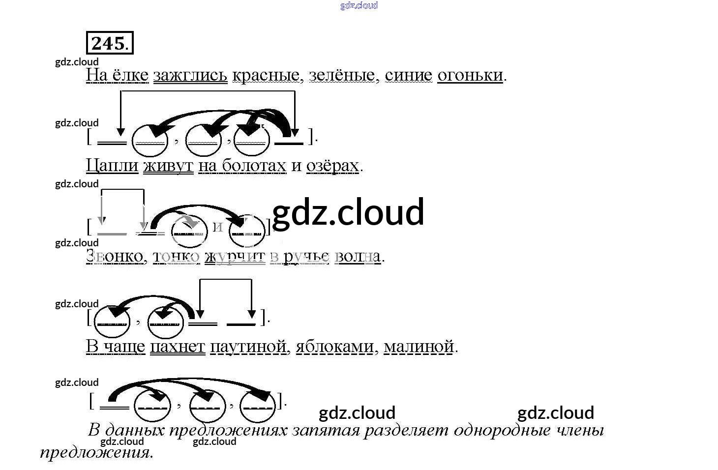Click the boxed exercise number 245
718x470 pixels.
pyautogui.click(x=110, y=43)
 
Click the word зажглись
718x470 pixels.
pyautogui.click(x=190, y=75)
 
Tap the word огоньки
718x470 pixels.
pyautogui.click(x=470, y=75)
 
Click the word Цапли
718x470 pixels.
pyautogui.click(x=112, y=166)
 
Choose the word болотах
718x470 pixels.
pyautogui.click(x=254, y=166)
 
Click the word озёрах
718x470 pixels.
pyautogui.click(x=332, y=166)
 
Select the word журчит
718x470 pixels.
pyautogui.click(x=235, y=256)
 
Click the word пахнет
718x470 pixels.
pyautogui.click(x=177, y=347)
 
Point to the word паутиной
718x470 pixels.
pyautogui.click(x=248, y=347)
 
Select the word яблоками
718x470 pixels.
pyautogui.click(x=335, y=347)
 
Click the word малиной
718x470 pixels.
pyautogui.click(x=419, y=347)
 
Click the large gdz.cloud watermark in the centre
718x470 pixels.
pyautogui.click(x=348, y=212)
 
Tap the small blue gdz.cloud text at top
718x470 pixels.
pyautogui.click(x=359, y=5)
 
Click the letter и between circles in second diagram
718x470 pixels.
pyautogui.click(x=218, y=227)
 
